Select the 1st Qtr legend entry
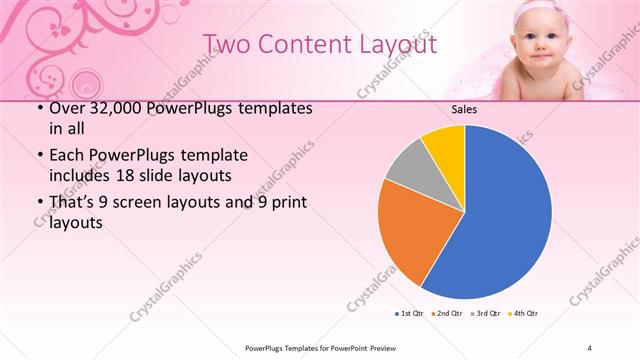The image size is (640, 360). [x=410, y=313]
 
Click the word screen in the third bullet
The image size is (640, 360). [x=150, y=204]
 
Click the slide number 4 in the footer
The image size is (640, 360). [x=590, y=347]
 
